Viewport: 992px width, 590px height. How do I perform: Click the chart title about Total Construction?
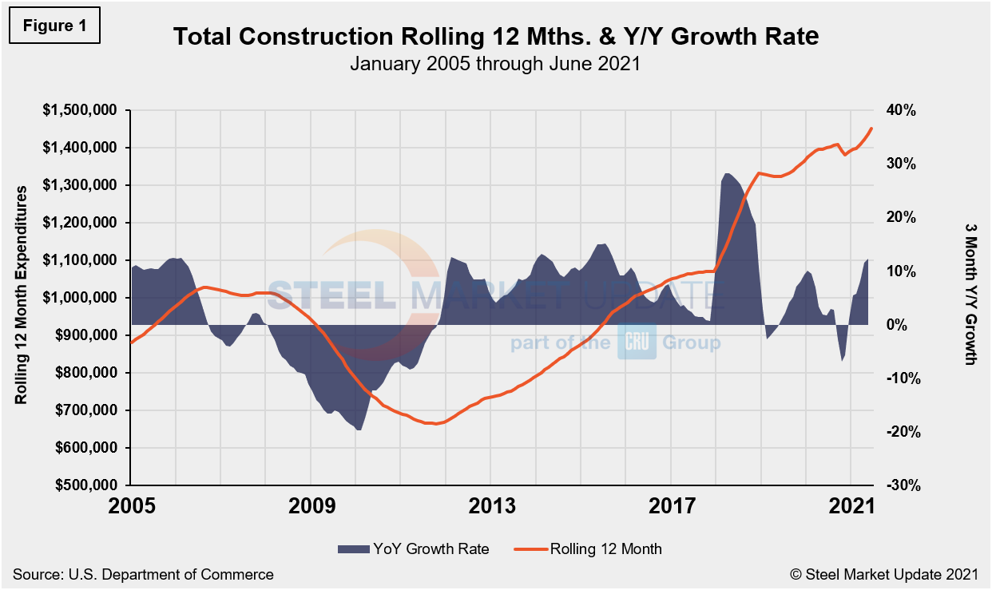(x=496, y=37)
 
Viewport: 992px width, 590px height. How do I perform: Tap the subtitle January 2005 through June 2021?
(x=495, y=63)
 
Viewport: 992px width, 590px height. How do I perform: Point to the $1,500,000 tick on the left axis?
(x=78, y=110)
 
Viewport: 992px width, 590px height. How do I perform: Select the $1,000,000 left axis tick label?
(x=78, y=298)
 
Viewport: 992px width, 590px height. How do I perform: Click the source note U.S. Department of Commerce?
(x=143, y=574)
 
